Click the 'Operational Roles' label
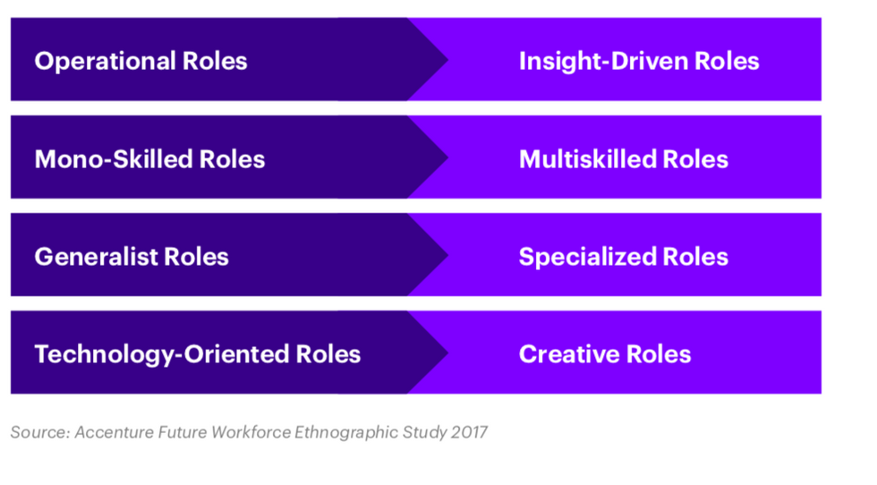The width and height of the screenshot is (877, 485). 140,61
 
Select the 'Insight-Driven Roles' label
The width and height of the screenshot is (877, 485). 639,61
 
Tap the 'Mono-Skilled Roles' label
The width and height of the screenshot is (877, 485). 149,159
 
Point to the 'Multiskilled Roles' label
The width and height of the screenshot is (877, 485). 624,159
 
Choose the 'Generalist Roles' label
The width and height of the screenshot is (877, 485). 132,257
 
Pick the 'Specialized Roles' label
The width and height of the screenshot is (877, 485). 624,257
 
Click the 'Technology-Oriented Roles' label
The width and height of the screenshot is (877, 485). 197,354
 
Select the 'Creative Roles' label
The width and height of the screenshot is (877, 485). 605,354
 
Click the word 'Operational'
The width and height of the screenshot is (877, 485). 105,61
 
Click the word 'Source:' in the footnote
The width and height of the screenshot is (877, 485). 39,432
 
